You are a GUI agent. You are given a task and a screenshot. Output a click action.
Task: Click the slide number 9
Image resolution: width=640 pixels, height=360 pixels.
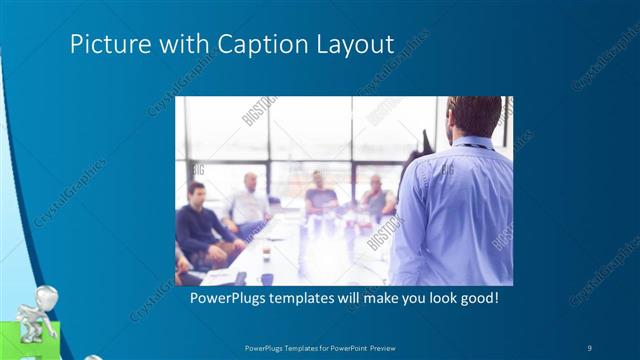click(x=589, y=347)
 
